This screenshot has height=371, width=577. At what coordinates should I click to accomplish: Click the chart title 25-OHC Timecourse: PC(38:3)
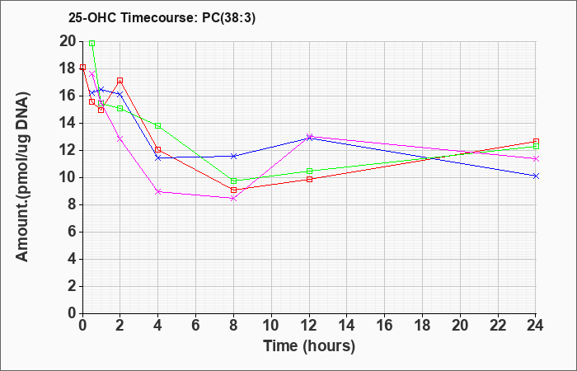(x=162, y=17)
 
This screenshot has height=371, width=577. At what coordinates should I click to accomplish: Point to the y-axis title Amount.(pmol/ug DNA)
(x=22, y=177)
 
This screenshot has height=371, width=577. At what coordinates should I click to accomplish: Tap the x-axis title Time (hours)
(x=309, y=346)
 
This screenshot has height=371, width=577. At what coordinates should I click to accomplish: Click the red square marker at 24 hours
(x=536, y=142)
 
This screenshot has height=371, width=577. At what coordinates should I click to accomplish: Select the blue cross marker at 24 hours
(x=536, y=176)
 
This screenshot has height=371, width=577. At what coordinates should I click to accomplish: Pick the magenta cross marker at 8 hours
(x=233, y=199)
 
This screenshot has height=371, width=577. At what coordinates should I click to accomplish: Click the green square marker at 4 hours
(x=158, y=126)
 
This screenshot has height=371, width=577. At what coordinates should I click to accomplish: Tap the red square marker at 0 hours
(x=82, y=68)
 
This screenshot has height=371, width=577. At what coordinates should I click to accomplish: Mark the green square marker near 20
(x=92, y=44)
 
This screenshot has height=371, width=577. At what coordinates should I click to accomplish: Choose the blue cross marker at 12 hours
(x=309, y=139)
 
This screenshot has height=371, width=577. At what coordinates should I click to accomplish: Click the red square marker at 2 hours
(x=120, y=81)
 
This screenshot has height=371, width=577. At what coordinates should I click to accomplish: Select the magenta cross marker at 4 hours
(x=158, y=192)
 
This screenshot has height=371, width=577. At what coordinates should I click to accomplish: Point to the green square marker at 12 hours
(x=309, y=171)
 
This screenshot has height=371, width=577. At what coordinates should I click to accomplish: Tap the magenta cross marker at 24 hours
(x=536, y=159)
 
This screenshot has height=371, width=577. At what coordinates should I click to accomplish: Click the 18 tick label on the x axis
(x=422, y=326)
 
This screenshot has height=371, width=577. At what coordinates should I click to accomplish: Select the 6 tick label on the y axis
(x=73, y=232)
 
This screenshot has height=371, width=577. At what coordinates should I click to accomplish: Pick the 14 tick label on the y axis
(x=68, y=124)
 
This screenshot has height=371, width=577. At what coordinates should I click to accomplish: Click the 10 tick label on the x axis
(x=271, y=326)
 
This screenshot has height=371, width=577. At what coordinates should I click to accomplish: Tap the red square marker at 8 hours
(x=233, y=190)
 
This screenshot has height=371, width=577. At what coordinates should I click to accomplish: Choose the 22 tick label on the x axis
(x=498, y=326)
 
